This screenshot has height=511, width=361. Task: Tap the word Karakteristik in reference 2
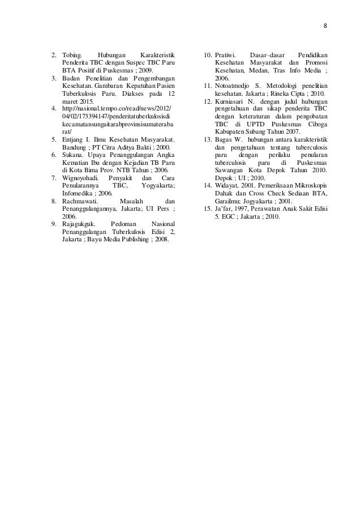point(157,56)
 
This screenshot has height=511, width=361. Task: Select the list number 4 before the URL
point(54,107)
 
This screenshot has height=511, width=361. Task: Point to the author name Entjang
point(74,140)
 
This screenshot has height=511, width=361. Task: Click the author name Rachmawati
point(80,201)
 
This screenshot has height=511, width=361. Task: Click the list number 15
point(207,208)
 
